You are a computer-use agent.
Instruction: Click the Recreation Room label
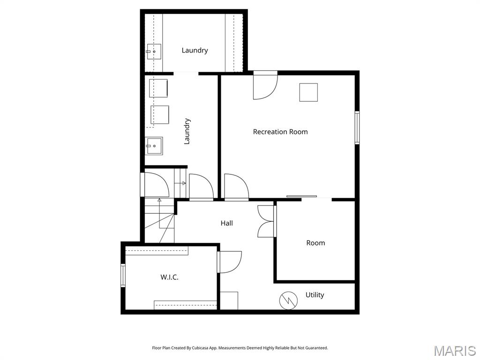pos(280,132)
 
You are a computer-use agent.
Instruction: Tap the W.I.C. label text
pos(169,277)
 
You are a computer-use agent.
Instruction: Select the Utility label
pos(315,295)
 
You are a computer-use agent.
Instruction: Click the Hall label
pos(227,223)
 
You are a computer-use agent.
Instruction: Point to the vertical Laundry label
pos(187,131)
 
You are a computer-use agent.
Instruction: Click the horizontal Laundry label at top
pos(195,50)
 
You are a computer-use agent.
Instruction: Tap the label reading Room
pos(315,243)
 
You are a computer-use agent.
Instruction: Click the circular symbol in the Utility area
pos(288,300)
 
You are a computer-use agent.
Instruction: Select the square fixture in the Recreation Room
pos(308,92)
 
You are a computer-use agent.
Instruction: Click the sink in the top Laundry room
pos(153,52)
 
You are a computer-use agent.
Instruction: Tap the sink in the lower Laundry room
pos(154,146)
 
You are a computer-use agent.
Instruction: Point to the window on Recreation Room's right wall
pos(357,127)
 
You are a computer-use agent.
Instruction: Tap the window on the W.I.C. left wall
pos(123,275)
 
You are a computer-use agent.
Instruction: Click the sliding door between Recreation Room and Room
pos(302,197)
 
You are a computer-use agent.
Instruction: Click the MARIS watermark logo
pos(455,351)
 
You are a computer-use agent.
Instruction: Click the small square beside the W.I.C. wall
pos(229,300)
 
